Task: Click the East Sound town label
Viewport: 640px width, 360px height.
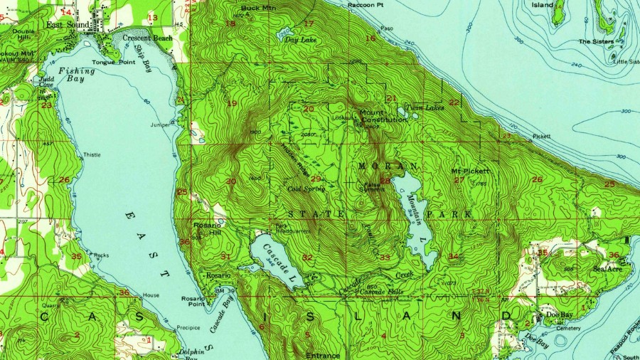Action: (x=69, y=24)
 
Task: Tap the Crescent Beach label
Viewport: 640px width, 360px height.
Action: (x=147, y=38)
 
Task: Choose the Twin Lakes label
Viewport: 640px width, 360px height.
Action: (x=424, y=107)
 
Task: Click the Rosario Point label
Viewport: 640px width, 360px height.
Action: (x=193, y=302)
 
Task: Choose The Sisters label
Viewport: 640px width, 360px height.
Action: (x=595, y=41)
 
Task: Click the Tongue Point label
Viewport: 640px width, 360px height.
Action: (x=117, y=62)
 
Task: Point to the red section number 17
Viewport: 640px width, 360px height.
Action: (x=308, y=23)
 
